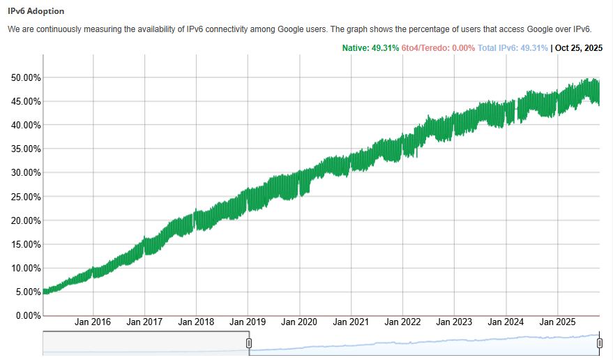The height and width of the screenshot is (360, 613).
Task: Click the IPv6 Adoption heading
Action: (x=36, y=11)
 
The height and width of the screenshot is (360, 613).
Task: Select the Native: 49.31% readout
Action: (x=370, y=48)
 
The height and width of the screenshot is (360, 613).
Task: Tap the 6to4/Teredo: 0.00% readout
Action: (x=438, y=48)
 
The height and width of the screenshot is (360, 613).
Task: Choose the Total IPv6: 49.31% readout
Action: (x=513, y=48)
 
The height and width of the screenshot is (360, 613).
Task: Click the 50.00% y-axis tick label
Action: (x=25, y=77)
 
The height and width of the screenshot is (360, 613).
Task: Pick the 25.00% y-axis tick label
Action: (x=25, y=197)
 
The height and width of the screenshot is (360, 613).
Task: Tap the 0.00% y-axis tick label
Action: (x=27, y=316)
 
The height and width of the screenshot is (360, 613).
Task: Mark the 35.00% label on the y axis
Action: (x=25, y=149)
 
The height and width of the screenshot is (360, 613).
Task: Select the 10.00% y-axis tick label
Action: (x=25, y=269)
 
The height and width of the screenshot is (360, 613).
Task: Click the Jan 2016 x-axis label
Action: (x=93, y=322)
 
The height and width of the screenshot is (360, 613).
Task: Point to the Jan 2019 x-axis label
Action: (x=248, y=322)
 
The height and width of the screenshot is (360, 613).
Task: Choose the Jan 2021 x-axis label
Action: (x=351, y=322)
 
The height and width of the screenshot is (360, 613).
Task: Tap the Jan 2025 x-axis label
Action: (x=557, y=322)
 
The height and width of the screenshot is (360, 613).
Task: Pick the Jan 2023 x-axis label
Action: (x=454, y=322)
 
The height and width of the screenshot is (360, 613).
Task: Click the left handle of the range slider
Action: (x=249, y=343)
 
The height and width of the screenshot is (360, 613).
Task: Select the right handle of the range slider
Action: (x=599, y=343)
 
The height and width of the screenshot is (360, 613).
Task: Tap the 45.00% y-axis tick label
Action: (x=25, y=102)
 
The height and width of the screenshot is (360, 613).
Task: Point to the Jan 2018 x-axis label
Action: (x=196, y=322)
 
